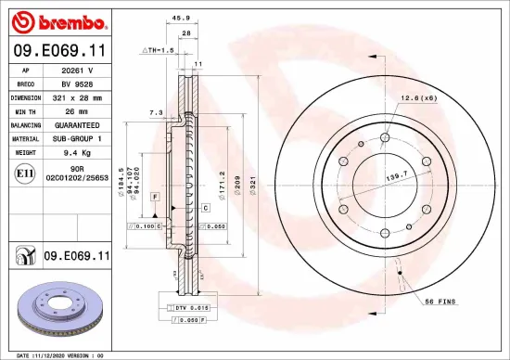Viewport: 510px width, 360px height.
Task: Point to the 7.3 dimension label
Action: point(156,112)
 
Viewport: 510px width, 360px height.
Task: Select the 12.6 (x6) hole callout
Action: point(419,98)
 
